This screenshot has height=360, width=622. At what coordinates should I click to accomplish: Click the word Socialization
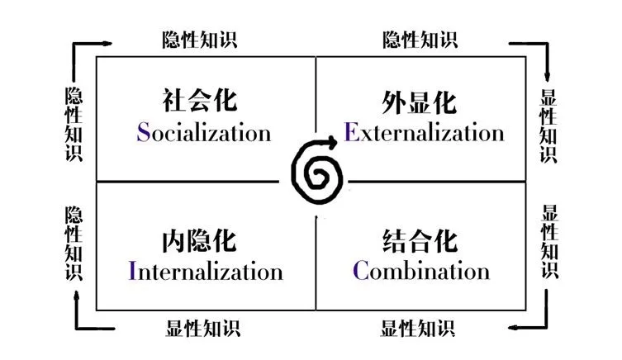click(204, 132)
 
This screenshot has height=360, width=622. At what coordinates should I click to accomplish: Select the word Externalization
click(424, 131)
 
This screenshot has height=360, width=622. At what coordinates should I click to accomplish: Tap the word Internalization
click(206, 271)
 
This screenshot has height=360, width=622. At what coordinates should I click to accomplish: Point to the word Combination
click(421, 270)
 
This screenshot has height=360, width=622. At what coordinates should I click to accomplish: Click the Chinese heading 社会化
click(200, 100)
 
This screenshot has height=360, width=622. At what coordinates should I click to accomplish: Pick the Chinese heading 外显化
click(420, 102)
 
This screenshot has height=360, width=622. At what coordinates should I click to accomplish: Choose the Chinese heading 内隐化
click(199, 240)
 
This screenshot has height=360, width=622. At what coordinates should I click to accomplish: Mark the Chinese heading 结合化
click(420, 240)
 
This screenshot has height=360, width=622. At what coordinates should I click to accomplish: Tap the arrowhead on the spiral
click(331, 141)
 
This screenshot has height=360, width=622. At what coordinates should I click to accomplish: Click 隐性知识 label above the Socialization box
click(200, 40)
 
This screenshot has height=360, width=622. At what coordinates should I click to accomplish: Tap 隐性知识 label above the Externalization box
click(420, 40)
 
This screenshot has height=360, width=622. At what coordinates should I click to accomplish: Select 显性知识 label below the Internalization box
click(202, 329)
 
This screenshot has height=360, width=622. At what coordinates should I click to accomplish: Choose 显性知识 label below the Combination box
click(418, 329)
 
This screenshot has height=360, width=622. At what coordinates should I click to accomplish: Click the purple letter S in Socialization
click(143, 132)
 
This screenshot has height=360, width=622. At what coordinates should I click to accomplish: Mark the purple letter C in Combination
click(361, 270)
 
